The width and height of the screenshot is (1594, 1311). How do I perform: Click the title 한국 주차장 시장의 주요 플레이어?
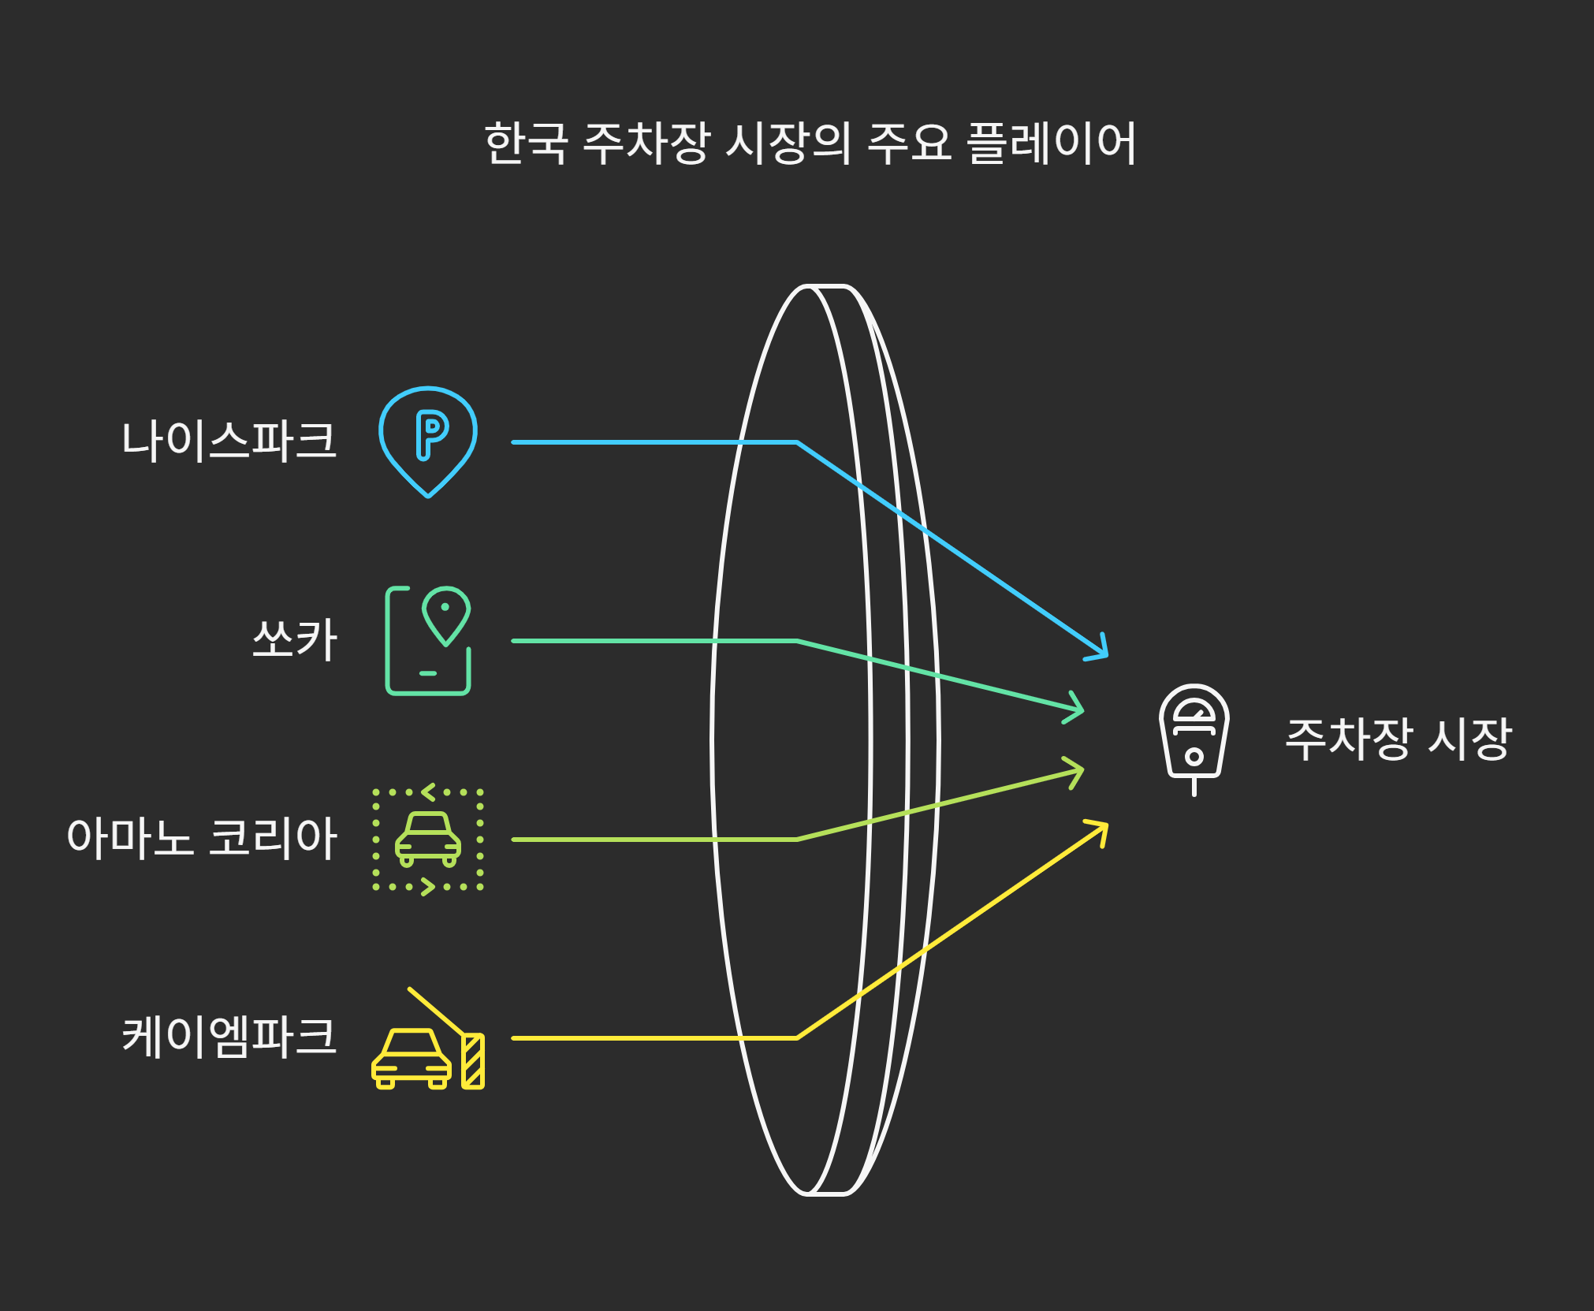click(x=810, y=144)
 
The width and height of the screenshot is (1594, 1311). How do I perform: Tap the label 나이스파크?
click(x=229, y=441)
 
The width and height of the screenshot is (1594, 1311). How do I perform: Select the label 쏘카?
click(x=295, y=639)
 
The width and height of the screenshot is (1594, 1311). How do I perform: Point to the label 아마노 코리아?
click(x=202, y=838)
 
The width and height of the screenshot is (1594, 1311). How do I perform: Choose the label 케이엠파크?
click(x=229, y=1037)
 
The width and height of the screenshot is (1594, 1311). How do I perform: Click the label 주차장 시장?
click(x=1398, y=739)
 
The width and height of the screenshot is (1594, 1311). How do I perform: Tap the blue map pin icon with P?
click(x=428, y=441)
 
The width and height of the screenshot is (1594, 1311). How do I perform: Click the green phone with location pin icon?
click(x=428, y=640)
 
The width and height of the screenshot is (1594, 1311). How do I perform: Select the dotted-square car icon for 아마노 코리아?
click(x=428, y=839)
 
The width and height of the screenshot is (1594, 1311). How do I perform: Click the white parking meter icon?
click(x=1194, y=738)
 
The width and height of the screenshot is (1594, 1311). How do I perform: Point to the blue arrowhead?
click(x=1100, y=649)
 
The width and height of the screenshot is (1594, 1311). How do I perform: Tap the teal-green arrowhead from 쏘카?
click(x=1075, y=707)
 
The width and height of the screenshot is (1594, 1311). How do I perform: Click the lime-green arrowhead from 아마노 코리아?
click(x=1075, y=773)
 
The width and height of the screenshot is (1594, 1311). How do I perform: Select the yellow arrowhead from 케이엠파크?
click(x=1100, y=830)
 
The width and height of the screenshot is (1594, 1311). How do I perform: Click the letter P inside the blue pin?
click(x=431, y=434)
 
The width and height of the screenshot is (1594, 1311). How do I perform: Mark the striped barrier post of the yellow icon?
click(x=473, y=1061)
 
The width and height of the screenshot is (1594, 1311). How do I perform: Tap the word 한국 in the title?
click(x=526, y=144)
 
